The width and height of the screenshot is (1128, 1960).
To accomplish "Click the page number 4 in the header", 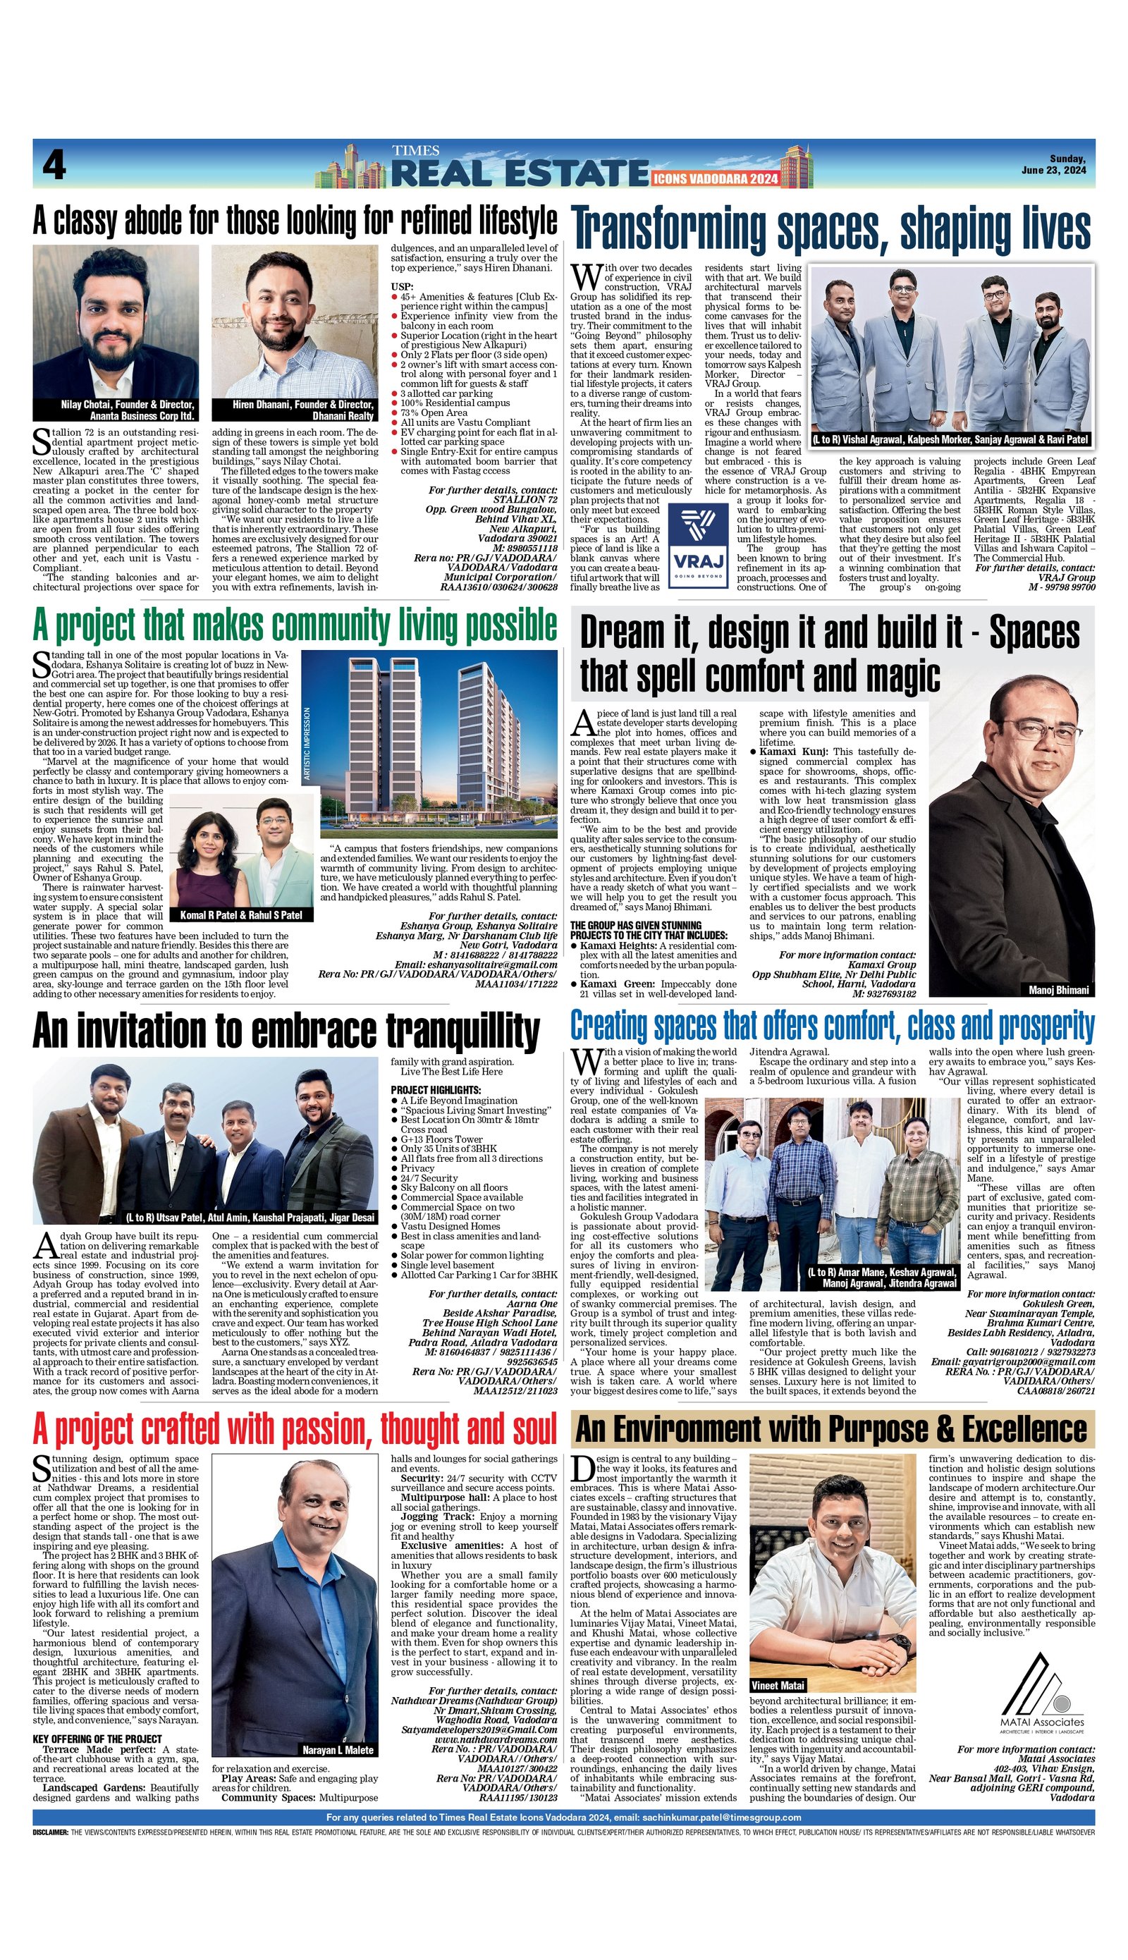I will pos(54,165).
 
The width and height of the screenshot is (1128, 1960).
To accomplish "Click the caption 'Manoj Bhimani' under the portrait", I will pos(1058,989).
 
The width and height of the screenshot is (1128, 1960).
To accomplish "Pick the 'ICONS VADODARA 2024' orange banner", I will pos(715,179).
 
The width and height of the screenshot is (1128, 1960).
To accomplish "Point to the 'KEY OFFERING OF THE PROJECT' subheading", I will pos(97,1739).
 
